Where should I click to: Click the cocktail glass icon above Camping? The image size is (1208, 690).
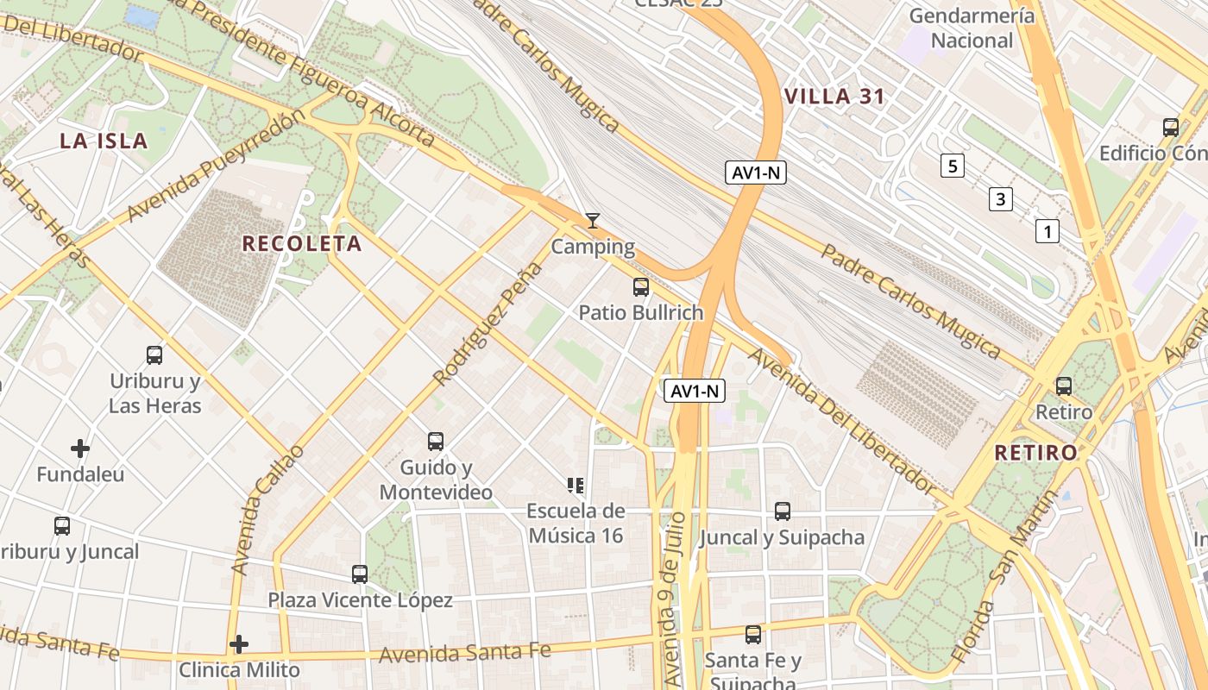click(x=592, y=221)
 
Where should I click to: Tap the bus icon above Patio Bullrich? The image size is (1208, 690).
click(x=641, y=287)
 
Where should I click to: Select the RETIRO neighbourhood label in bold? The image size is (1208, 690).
click(x=1035, y=453)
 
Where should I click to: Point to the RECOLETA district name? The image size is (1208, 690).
click(x=302, y=244)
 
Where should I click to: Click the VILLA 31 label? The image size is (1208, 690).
click(x=835, y=97)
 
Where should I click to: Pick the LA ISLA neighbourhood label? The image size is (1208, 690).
click(x=104, y=141)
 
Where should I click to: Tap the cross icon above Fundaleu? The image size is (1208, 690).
click(x=80, y=448)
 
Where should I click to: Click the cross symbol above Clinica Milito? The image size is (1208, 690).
click(x=239, y=644)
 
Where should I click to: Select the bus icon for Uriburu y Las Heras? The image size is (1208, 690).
click(x=154, y=354)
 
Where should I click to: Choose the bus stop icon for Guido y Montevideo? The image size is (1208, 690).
click(x=436, y=442)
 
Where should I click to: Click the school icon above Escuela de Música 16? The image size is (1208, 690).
click(x=576, y=486)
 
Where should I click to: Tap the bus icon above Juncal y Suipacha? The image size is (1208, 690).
click(x=782, y=511)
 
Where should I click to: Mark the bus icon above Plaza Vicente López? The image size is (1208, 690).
click(x=360, y=574)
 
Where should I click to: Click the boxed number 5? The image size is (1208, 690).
click(x=952, y=166)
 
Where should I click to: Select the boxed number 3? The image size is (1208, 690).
click(x=1000, y=200)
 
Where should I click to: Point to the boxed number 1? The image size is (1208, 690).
click(x=1048, y=231)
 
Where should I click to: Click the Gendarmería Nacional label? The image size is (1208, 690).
click(x=972, y=28)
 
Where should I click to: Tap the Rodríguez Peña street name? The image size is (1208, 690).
click(x=488, y=323)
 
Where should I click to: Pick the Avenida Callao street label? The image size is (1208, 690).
click(x=267, y=511)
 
